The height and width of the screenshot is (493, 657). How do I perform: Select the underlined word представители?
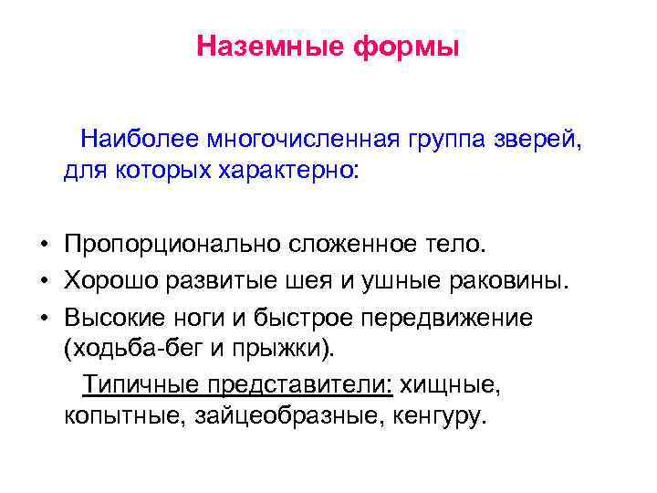[x=298, y=384]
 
